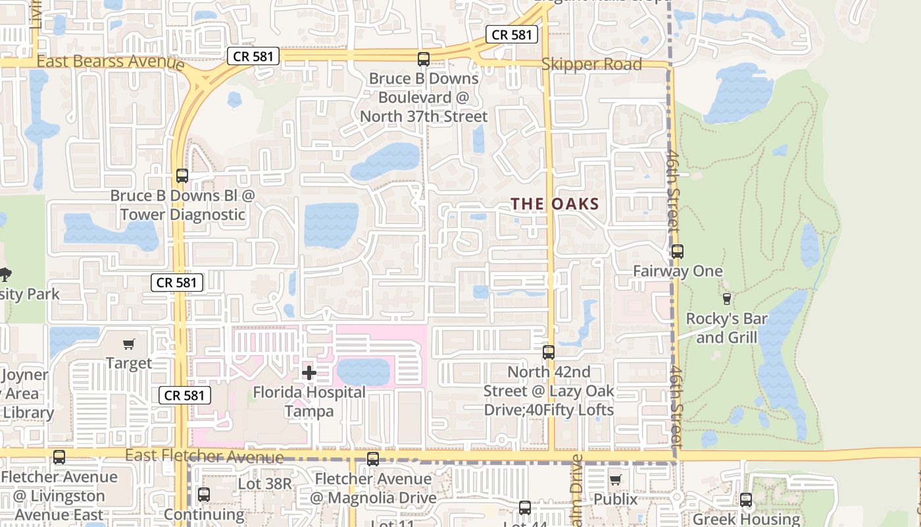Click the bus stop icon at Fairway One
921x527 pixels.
point(678,252)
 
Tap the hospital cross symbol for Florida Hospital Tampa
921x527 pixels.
point(309,373)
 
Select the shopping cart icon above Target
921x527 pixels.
point(129,344)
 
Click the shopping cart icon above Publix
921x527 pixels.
point(615,480)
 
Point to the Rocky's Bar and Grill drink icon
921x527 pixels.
point(726,299)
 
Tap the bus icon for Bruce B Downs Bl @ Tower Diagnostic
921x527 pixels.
point(182,176)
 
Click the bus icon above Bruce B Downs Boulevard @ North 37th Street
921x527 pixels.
point(424,59)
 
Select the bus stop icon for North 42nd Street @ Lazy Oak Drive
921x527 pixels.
point(549,352)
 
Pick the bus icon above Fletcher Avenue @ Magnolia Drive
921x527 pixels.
point(372,459)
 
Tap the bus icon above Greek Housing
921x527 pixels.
point(745,500)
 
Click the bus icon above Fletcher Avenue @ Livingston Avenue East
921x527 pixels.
point(59,457)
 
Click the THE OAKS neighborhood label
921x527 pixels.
point(555,204)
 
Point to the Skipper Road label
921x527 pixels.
point(591,65)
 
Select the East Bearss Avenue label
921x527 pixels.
point(111,63)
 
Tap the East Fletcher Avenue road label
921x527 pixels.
point(204,456)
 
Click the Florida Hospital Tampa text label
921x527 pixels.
point(309,402)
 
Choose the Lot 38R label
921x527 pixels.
point(264,484)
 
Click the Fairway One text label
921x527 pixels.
point(678,271)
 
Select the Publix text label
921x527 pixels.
point(615,499)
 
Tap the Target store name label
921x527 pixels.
point(129,363)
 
